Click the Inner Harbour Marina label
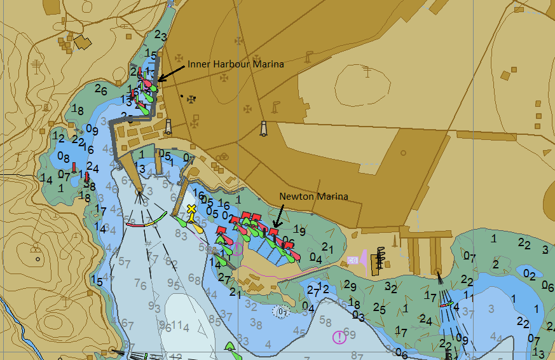click(235, 64)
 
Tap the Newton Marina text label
click(313, 197)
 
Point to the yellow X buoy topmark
click(191, 209)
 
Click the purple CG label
click(352, 260)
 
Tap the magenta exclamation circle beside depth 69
click(340, 336)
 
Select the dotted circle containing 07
click(280, 312)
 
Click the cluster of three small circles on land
click(223, 157)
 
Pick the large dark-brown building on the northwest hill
click(83, 43)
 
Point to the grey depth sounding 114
click(177, 326)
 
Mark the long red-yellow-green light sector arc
click(146, 220)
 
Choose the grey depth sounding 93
click(154, 307)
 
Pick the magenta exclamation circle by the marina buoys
click(237, 248)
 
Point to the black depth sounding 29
click(350, 286)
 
